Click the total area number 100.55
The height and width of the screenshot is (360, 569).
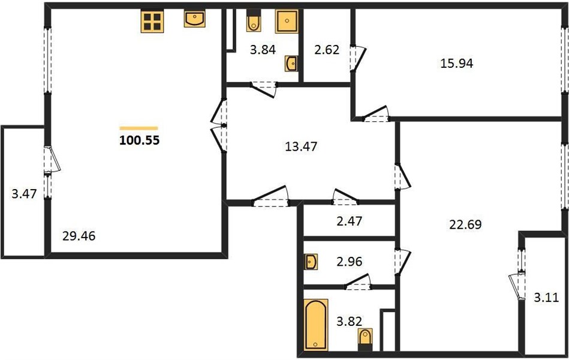[x=139, y=140]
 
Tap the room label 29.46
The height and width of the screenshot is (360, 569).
[x=79, y=236]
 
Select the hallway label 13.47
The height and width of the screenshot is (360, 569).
[x=301, y=146]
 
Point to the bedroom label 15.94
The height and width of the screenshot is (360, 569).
[x=456, y=63]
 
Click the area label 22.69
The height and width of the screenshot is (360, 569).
[x=465, y=224]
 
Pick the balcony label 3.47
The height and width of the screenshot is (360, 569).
[x=24, y=194]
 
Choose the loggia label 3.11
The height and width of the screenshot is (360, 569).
[x=546, y=298]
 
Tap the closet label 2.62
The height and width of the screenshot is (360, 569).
[x=327, y=50]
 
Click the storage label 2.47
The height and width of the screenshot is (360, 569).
[x=349, y=221]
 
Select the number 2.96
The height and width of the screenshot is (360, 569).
[x=349, y=262]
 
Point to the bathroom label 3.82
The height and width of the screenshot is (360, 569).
[x=349, y=322]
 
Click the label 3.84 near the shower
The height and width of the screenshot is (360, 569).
[x=263, y=49]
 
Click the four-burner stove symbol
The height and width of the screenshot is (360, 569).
[x=152, y=21]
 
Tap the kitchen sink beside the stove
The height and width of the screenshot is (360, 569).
[x=194, y=18]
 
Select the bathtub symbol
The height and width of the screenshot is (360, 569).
[x=316, y=325]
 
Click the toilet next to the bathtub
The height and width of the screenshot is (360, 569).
[x=365, y=339]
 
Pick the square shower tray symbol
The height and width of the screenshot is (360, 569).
[x=287, y=21]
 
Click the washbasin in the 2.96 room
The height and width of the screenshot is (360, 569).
[x=311, y=262]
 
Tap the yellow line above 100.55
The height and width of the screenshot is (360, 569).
[x=139, y=128]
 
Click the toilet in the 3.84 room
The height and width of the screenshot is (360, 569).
[x=253, y=20]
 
